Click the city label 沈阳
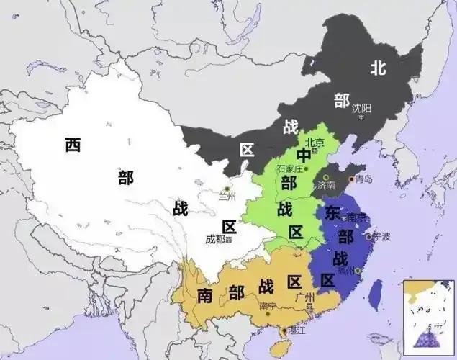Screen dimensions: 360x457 [361, 108]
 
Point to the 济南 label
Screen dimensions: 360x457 [325, 185]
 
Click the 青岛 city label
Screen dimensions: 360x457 [363, 179]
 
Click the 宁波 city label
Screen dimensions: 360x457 [382, 235]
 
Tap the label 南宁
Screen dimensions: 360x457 [266, 307]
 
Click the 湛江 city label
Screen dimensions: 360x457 [296, 332]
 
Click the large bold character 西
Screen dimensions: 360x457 [73, 145]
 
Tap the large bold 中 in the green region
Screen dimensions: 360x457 [304, 156]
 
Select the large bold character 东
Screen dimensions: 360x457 [332, 213]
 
